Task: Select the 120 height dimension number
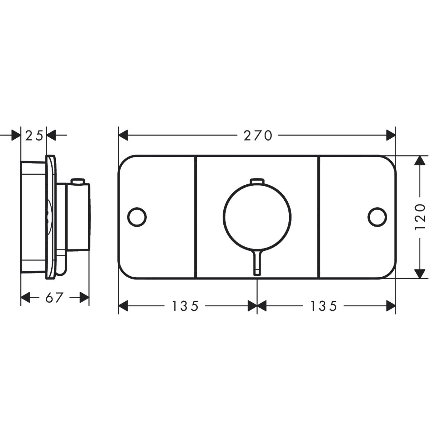point(420,217)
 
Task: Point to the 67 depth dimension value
point(54,297)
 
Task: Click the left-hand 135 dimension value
point(185,306)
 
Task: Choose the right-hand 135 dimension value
point(324,306)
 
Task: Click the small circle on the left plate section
point(137,217)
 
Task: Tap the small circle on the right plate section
point(377,217)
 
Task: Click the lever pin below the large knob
point(257,263)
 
